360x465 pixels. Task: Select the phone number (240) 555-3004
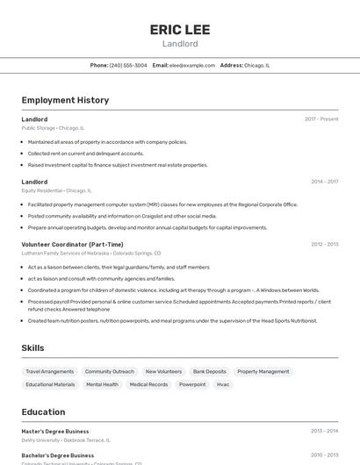(x=128, y=65)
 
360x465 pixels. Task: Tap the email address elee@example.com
(x=192, y=65)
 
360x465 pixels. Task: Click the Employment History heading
(x=65, y=100)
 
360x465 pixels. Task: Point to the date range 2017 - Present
(x=321, y=119)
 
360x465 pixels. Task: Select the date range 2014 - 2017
(x=324, y=182)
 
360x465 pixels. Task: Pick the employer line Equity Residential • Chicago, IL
(x=56, y=190)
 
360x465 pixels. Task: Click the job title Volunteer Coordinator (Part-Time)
(x=72, y=245)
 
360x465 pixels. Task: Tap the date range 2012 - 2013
(x=324, y=245)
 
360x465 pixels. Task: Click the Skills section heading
(x=32, y=348)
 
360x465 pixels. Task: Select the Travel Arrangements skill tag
(x=50, y=371)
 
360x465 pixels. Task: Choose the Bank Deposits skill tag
(x=210, y=371)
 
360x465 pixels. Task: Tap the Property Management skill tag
(x=263, y=371)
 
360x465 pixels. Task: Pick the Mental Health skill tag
(x=102, y=384)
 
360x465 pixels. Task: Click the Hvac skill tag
(x=223, y=384)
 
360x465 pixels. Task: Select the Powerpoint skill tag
(x=192, y=384)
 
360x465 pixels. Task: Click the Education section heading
(x=43, y=411)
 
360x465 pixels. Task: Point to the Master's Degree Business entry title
(x=55, y=432)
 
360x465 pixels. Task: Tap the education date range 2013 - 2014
(x=324, y=432)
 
